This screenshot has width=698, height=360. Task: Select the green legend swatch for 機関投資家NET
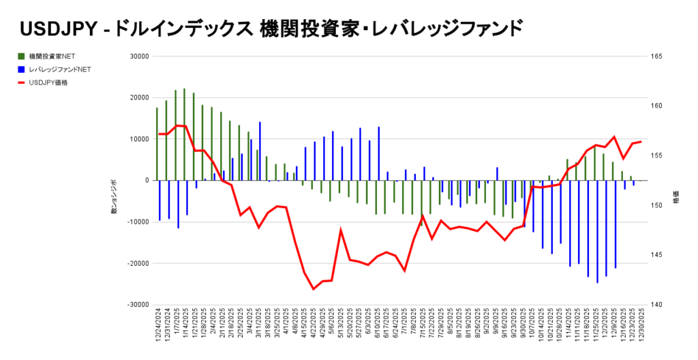pos(22,56)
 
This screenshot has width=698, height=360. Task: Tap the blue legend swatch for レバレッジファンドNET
pos(22,69)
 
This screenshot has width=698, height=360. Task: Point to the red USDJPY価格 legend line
pos(22,82)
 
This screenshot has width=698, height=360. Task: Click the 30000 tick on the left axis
pos(138,57)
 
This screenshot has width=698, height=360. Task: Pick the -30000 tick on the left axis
pos(137,305)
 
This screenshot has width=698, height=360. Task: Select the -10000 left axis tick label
pos(137,222)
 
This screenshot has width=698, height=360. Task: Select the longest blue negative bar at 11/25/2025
pos(597,232)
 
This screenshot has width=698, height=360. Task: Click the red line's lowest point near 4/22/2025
pos(314,289)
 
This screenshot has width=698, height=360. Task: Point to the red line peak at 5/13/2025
pos(341,230)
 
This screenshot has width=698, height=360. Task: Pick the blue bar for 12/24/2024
pos(160,200)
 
